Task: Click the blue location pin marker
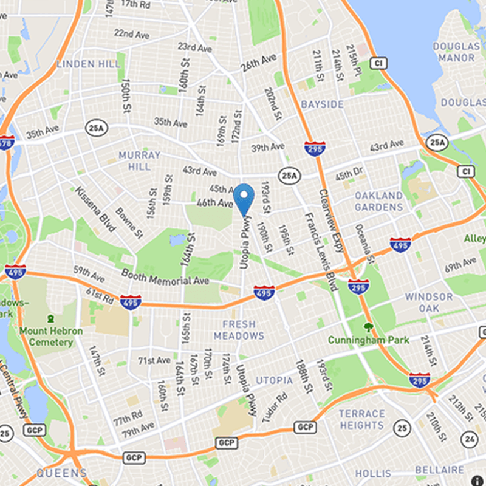[x=244, y=198]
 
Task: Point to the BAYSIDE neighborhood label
[x=322, y=104]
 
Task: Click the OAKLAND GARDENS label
[x=378, y=201]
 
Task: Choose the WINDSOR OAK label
[x=429, y=303]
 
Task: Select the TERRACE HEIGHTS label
[x=361, y=420]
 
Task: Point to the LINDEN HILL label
[x=84, y=64]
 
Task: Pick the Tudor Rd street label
[x=275, y=409]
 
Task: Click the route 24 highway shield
[x=469, y=437]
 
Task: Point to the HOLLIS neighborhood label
[x=373, y=473]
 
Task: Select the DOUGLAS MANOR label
[x=454, y=52]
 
